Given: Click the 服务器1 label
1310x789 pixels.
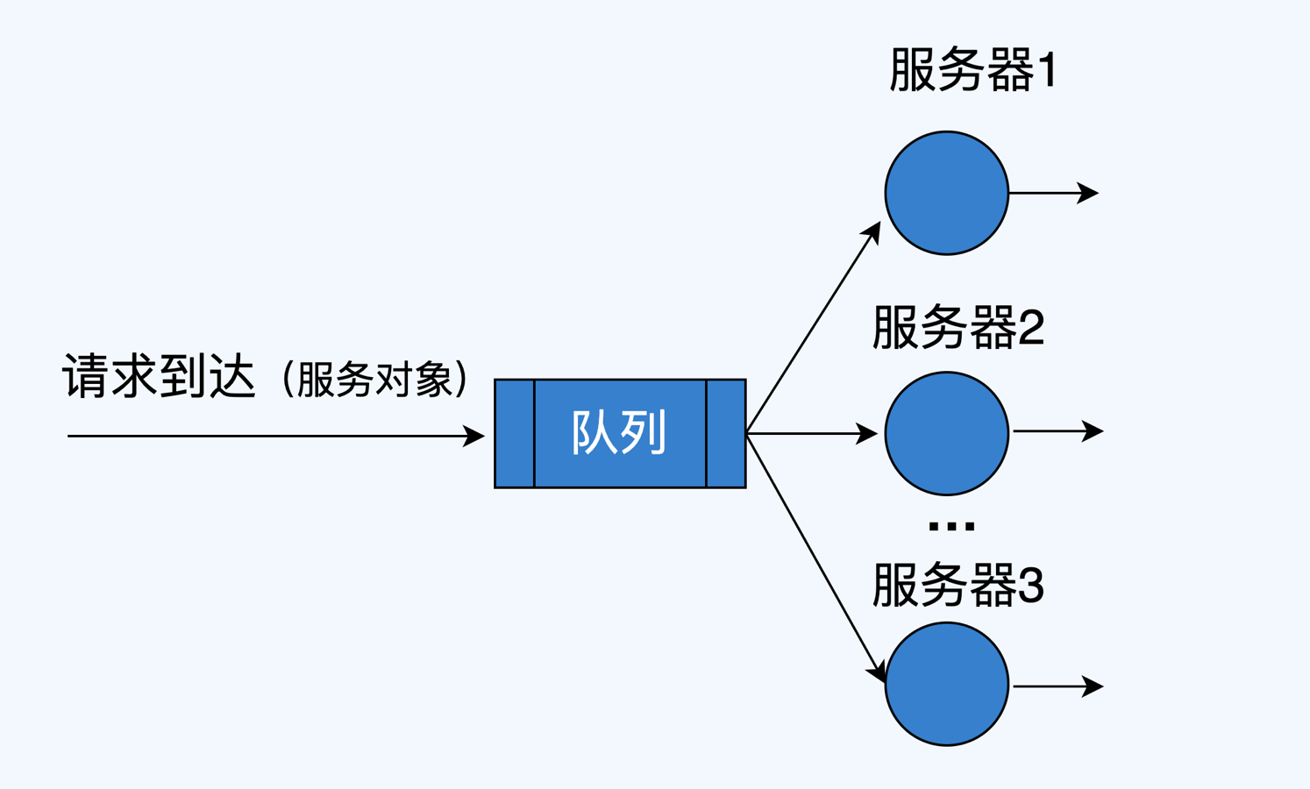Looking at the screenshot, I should pyautogui.click(x=972, y=70).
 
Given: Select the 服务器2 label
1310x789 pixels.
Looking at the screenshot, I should pyautogui.click(x=958, y=328).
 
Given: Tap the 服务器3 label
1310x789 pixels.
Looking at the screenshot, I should pyautogui.click(x=958, y=585).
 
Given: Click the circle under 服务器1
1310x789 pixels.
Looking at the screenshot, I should pyautogui.click(x=946, y=193).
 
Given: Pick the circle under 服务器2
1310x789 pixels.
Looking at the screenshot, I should pyautogui.click(x=946, y=433).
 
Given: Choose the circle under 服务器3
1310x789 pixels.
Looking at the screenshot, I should pyautogui.click(x=946, y=684).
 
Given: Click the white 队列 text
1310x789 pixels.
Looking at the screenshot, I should pyautogui.click(x=619, y=432).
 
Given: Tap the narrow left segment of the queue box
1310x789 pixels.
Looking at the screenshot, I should pyautogui.click(x=515, y=433).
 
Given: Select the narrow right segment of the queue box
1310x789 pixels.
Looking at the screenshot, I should pyautogui.click(x=726, y=433).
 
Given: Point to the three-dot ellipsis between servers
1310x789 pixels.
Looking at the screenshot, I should pyautogui.click(x=950, y=526).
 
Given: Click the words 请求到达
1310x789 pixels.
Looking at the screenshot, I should pyautogui.click(x=160, y=377).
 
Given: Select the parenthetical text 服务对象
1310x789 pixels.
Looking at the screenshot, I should pyautogui.click(x=375, y=380).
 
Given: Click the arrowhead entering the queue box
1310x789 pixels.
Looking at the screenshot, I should pyautogui.click(x=474, y=436).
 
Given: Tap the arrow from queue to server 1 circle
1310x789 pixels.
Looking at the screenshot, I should pyautogui.click(x=813, y=327).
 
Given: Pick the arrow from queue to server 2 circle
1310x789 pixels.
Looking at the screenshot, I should pyautogui.click(x=811, y=433).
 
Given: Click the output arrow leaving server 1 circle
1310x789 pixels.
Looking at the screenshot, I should pyautogui.click(x=1053, y=193).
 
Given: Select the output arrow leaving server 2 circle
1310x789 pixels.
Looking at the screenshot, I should pyautogui.click(x=1057, y=431).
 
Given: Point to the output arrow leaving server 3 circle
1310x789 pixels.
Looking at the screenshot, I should pyautogui.click(x=1057, y=686).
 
